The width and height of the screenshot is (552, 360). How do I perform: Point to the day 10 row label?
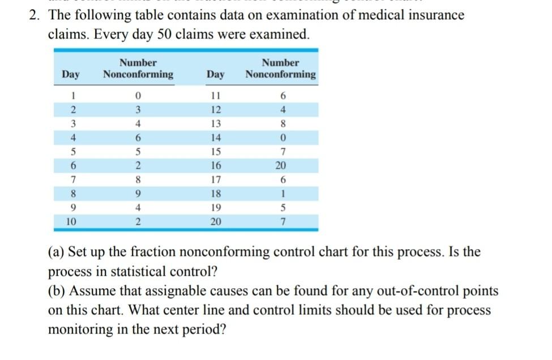click(70, 221)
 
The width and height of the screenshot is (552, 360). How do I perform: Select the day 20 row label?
click(215, 221)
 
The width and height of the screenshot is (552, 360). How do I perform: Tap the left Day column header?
click(71, 74)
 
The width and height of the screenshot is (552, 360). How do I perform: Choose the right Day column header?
click(215, 74)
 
